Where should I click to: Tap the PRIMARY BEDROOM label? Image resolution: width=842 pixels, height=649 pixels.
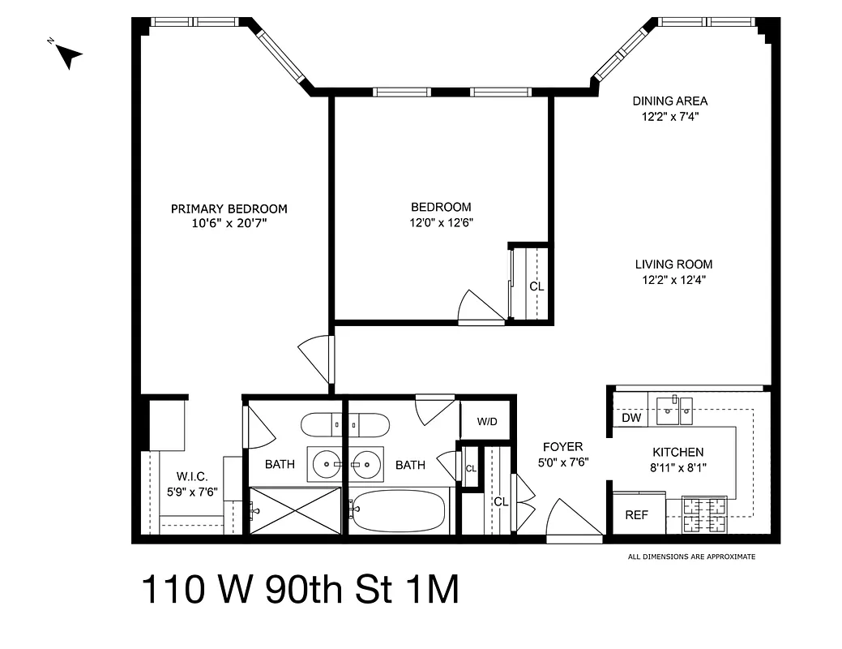pyautogui.click(x=229, y=208)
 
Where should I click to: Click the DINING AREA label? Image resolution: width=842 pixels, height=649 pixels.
pyautogui.click(x=669, y=101)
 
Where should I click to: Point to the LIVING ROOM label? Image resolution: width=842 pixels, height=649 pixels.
pyautogui.click(x=673, y=264)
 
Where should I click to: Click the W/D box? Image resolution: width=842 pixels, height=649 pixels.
pyautogui.click(x=486, y=421)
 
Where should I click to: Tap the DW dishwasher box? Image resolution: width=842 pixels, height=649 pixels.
pyautogui.click(x=631, y=419)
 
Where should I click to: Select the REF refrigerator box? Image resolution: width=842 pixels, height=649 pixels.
pyautogui.click(x=636, y=514)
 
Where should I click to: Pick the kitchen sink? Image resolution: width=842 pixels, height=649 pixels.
pyautogui.click(x=673, y=410)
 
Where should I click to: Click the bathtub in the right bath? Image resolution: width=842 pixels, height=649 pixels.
pyautogui.click(x=400, y=510)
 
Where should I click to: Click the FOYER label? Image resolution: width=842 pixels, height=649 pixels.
pyautogui.click(x=562, y=447)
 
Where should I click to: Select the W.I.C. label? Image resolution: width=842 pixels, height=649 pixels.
pyautogui.click(x=192, y=477)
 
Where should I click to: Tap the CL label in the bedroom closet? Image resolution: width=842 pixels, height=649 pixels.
pyautogui.click(x=536, y=286)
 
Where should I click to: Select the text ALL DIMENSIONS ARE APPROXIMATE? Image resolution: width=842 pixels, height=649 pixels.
pyautogui.click(x=691, y=557)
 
